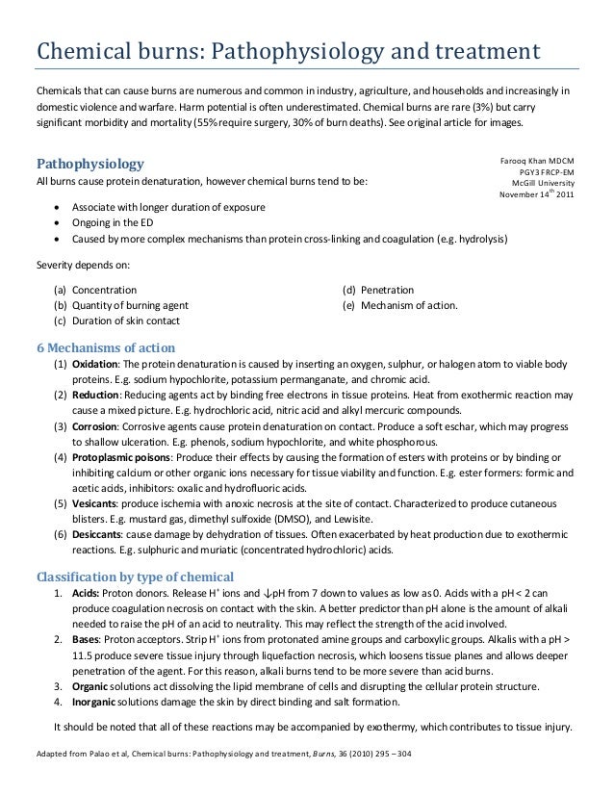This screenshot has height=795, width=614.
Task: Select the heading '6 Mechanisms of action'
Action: click(105, 346)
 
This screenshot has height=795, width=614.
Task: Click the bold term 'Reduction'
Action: click(95, 396)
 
